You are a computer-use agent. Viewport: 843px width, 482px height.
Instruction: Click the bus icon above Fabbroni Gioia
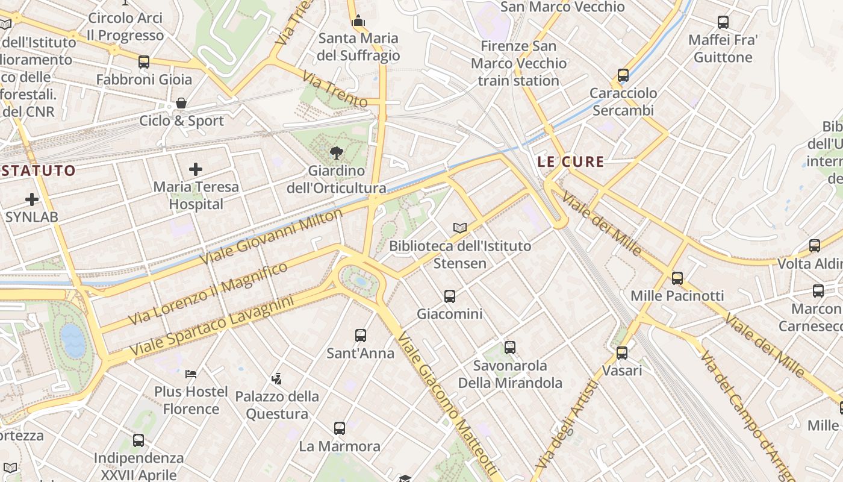(143, 61)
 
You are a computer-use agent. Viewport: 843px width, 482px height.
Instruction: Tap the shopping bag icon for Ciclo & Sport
(181, 103)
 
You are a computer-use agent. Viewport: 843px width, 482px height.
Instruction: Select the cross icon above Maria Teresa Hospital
(196, 169)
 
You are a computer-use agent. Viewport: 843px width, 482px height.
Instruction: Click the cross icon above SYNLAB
(32, 199)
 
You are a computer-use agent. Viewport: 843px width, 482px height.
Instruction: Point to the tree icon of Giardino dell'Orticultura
(337, 153)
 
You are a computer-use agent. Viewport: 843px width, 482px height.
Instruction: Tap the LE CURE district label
(570, 161)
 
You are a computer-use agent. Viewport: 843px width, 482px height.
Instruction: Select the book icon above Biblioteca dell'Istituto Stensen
(460, 228)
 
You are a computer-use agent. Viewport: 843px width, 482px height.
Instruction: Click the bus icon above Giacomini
(450, 296)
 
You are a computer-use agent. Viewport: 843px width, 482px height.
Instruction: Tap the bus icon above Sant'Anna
(361, 335)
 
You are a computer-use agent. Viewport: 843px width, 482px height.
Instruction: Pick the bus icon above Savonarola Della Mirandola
(510, 347)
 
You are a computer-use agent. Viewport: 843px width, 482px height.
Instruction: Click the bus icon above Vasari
(622, 352)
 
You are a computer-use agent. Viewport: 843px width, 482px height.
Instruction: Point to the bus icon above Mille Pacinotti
(677, 278)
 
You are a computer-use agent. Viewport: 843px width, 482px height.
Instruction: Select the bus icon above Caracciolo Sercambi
(623, 75)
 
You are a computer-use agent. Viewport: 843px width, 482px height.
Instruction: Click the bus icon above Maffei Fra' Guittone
(723, 22)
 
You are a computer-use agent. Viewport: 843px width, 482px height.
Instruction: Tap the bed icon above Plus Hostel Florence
(191, 374)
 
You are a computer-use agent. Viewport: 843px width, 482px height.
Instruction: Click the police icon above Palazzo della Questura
(276, 378)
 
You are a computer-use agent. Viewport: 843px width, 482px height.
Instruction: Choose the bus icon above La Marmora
(340, 428)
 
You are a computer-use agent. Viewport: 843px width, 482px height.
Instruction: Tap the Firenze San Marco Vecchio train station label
(519, 63)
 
